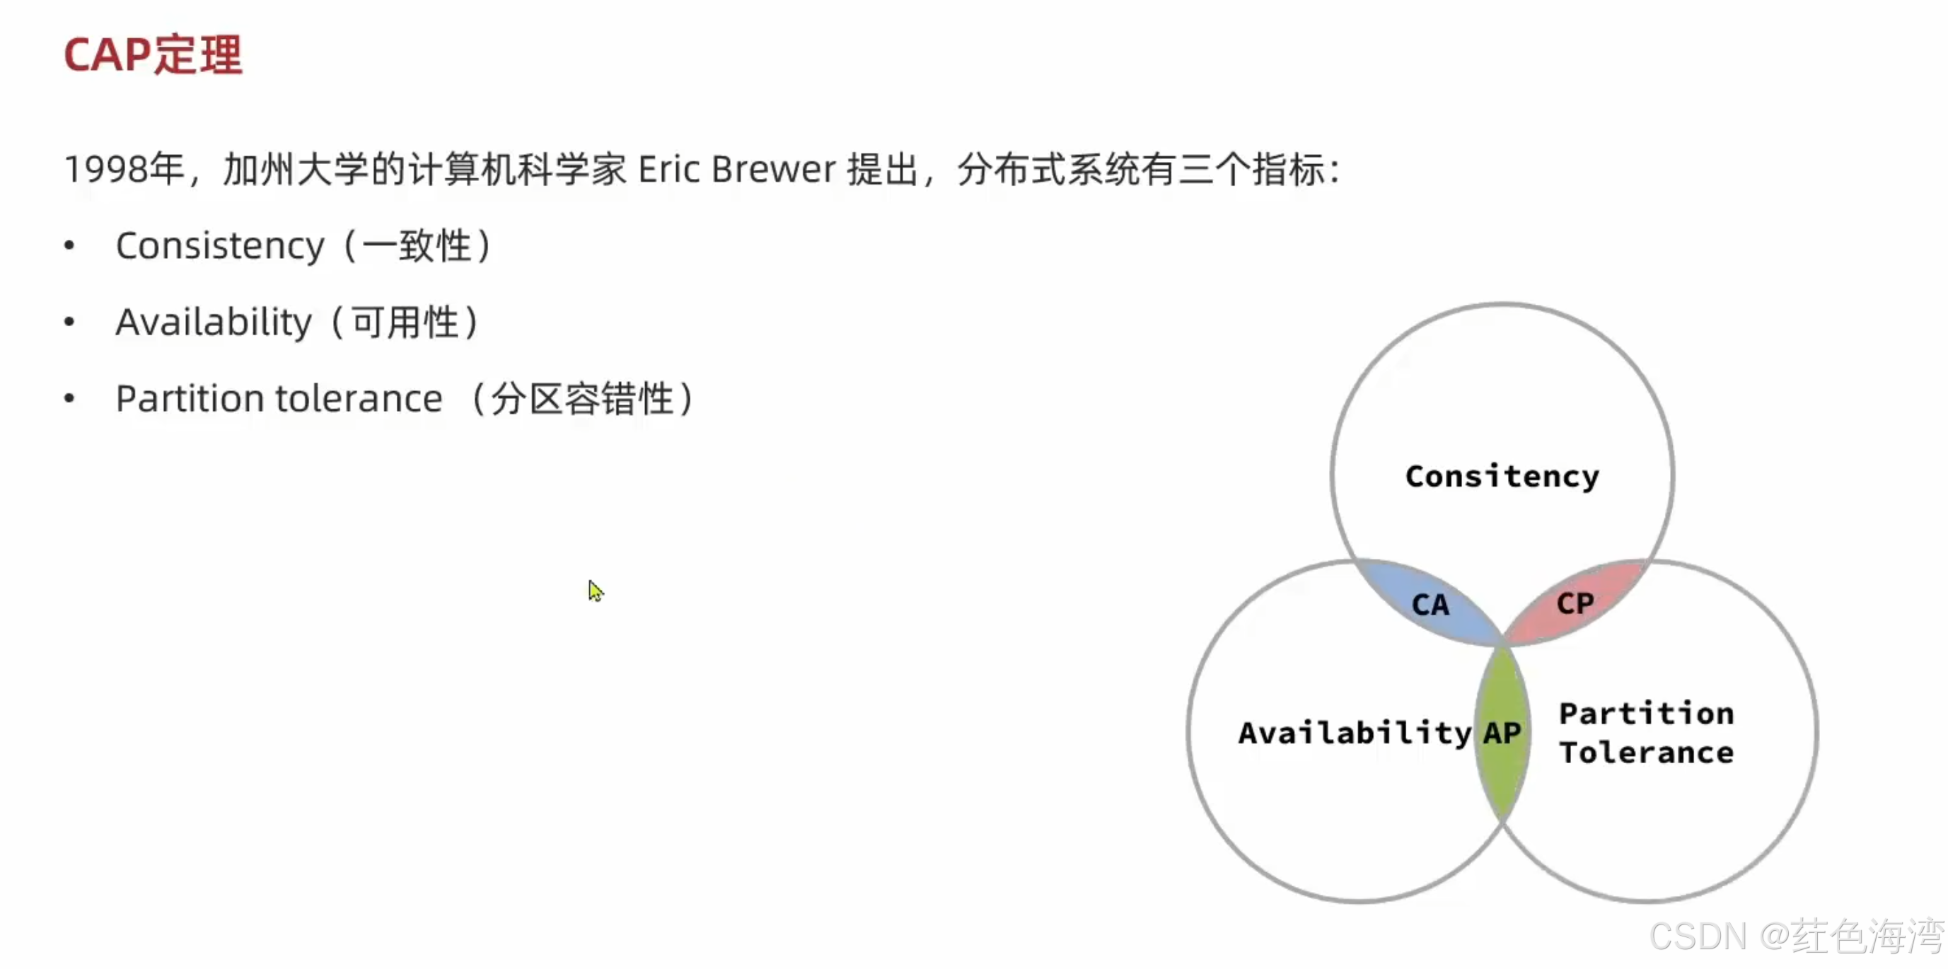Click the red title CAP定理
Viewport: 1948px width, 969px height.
tap(153, 54)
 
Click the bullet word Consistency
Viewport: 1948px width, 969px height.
tap(220, 246)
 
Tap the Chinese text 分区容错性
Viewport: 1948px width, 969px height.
tap(581, 399)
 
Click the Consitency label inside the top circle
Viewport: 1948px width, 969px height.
tap(1502, 476)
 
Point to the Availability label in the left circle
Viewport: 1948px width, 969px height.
tap(1355, 732)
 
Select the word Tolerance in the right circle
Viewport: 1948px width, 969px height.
tap(1646, 752)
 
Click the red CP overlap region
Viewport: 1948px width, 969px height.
tap(1575, 603)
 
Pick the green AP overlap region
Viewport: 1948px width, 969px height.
tap(1502, 732)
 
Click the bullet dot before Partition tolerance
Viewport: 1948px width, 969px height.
tap(69, 399)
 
